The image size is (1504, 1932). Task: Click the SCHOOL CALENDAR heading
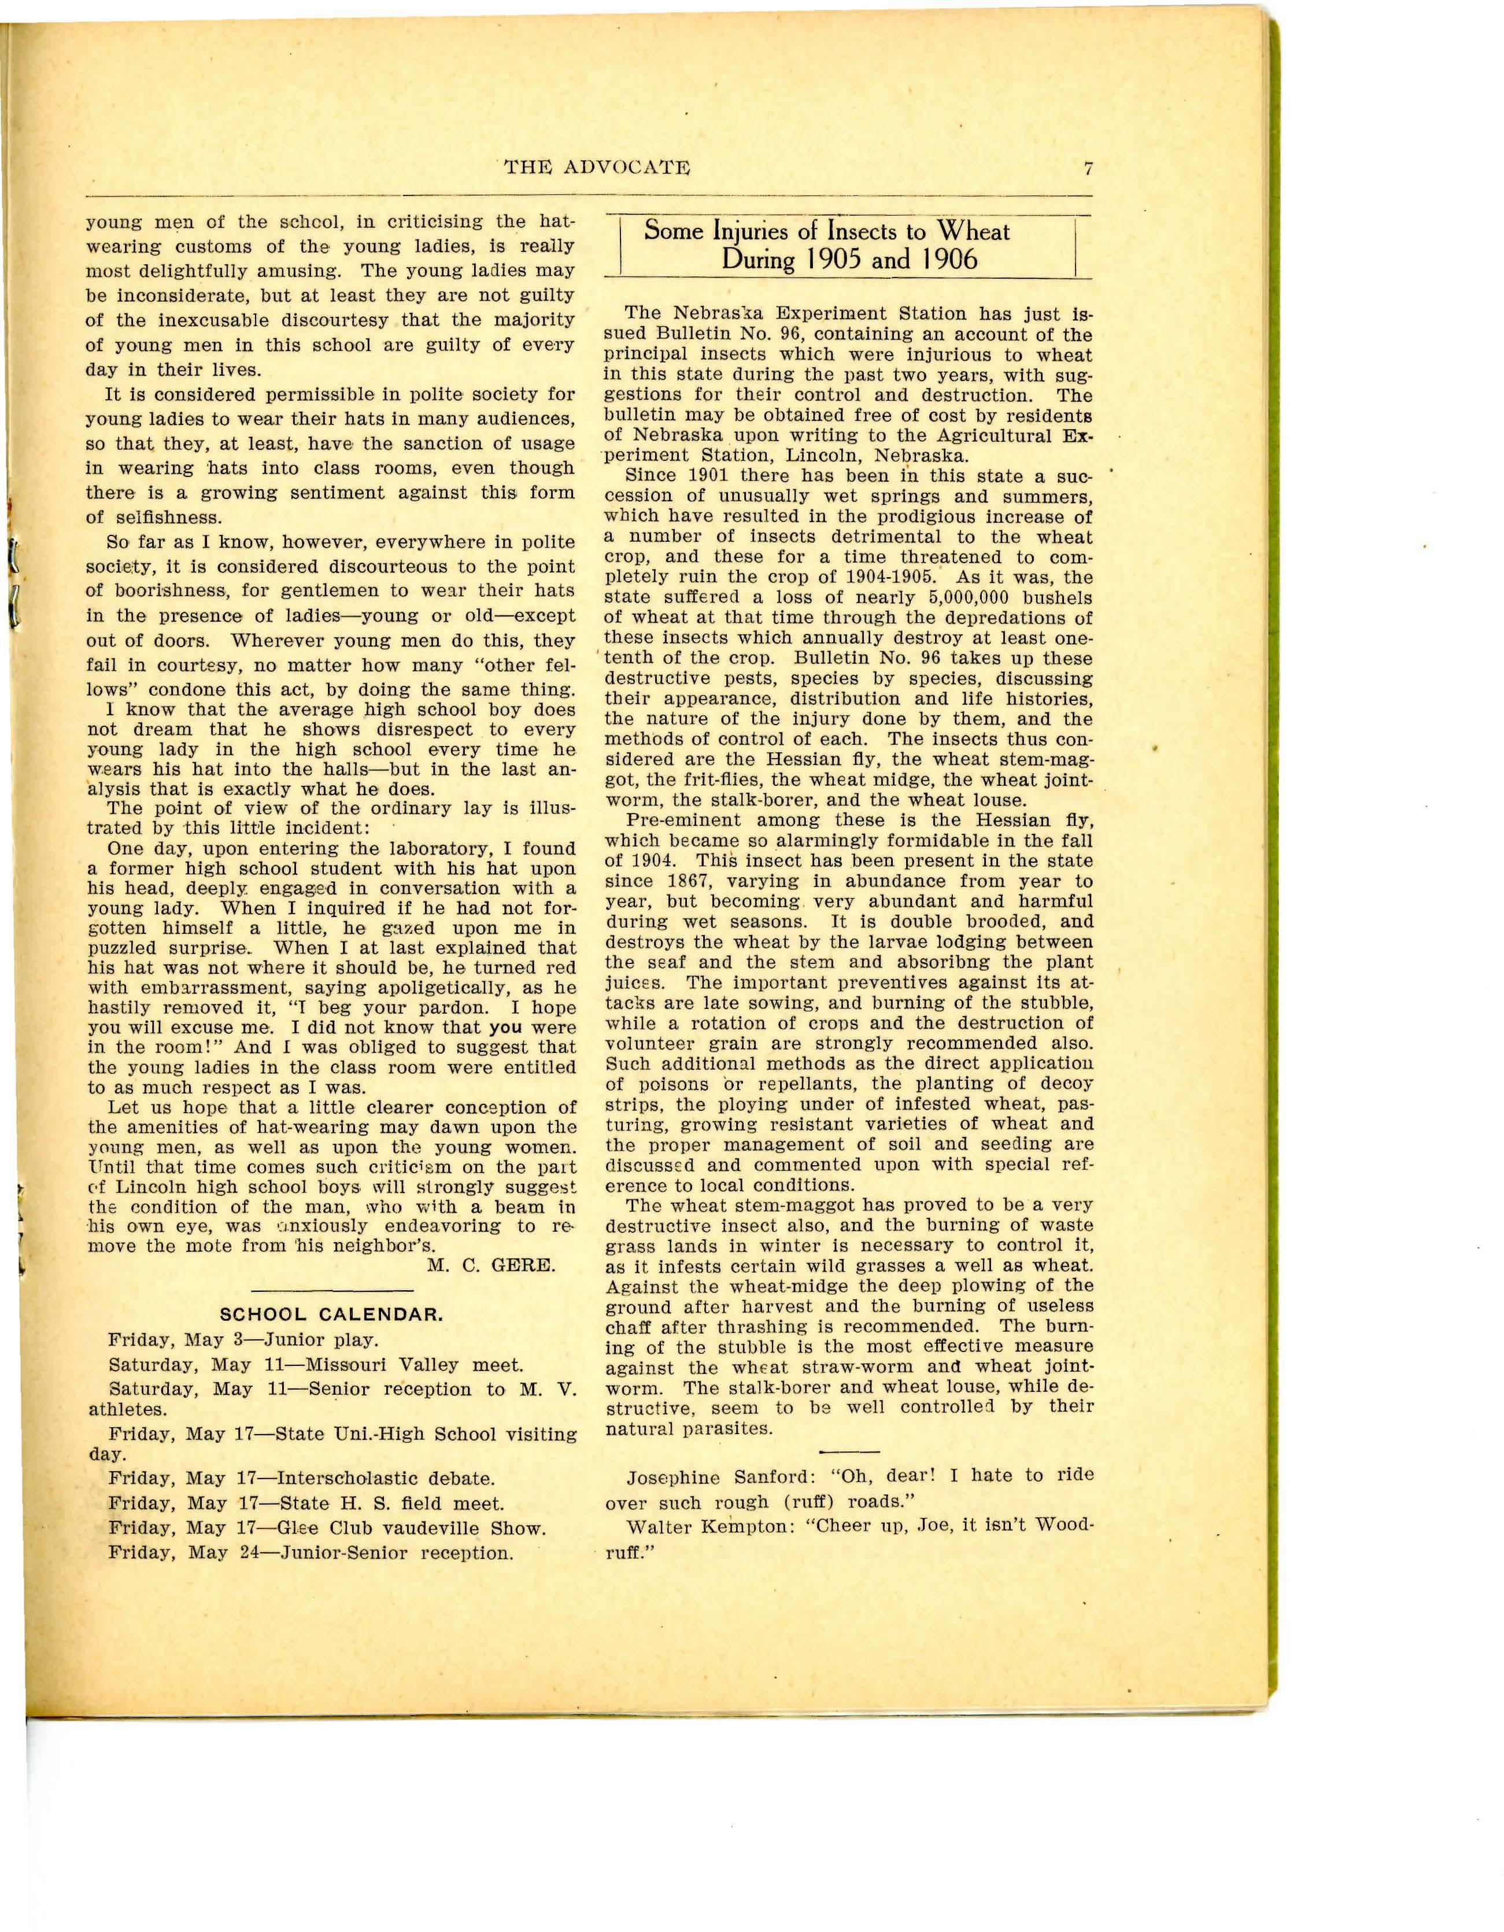point(331,1314)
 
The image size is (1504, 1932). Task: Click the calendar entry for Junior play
point(243,1339)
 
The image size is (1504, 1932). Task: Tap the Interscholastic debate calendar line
point(301,1478)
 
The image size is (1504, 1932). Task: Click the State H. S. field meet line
point(305,1503)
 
